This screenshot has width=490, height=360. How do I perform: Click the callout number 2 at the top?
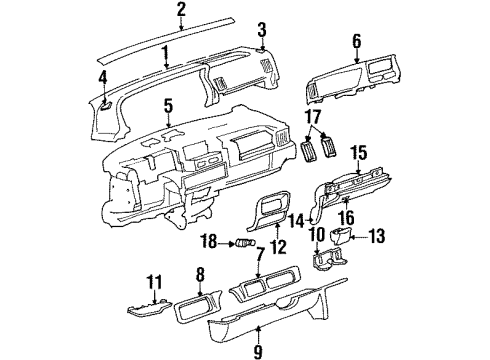[181, 10]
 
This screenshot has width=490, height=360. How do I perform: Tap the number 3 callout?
[262, 29]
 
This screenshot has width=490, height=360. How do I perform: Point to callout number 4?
[103, 77]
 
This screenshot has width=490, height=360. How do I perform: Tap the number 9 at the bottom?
[260, 350]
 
